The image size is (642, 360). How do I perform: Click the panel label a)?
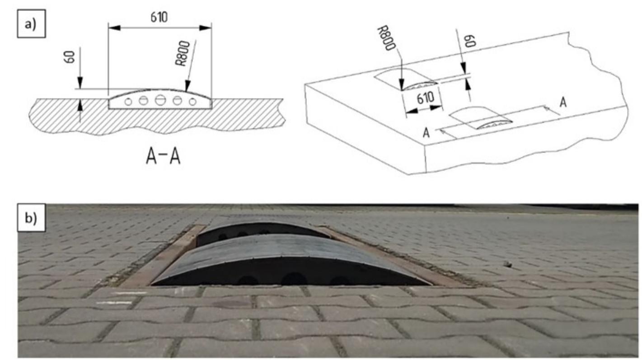coord(32,25)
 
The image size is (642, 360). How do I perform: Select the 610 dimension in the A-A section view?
coord(159,17)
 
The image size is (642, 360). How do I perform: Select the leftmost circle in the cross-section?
coord(128,102)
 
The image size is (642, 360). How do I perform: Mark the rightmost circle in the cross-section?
coord(192,102)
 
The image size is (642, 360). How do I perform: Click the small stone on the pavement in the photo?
coord(508,262)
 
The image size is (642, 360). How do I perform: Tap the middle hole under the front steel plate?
coord(293,279)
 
